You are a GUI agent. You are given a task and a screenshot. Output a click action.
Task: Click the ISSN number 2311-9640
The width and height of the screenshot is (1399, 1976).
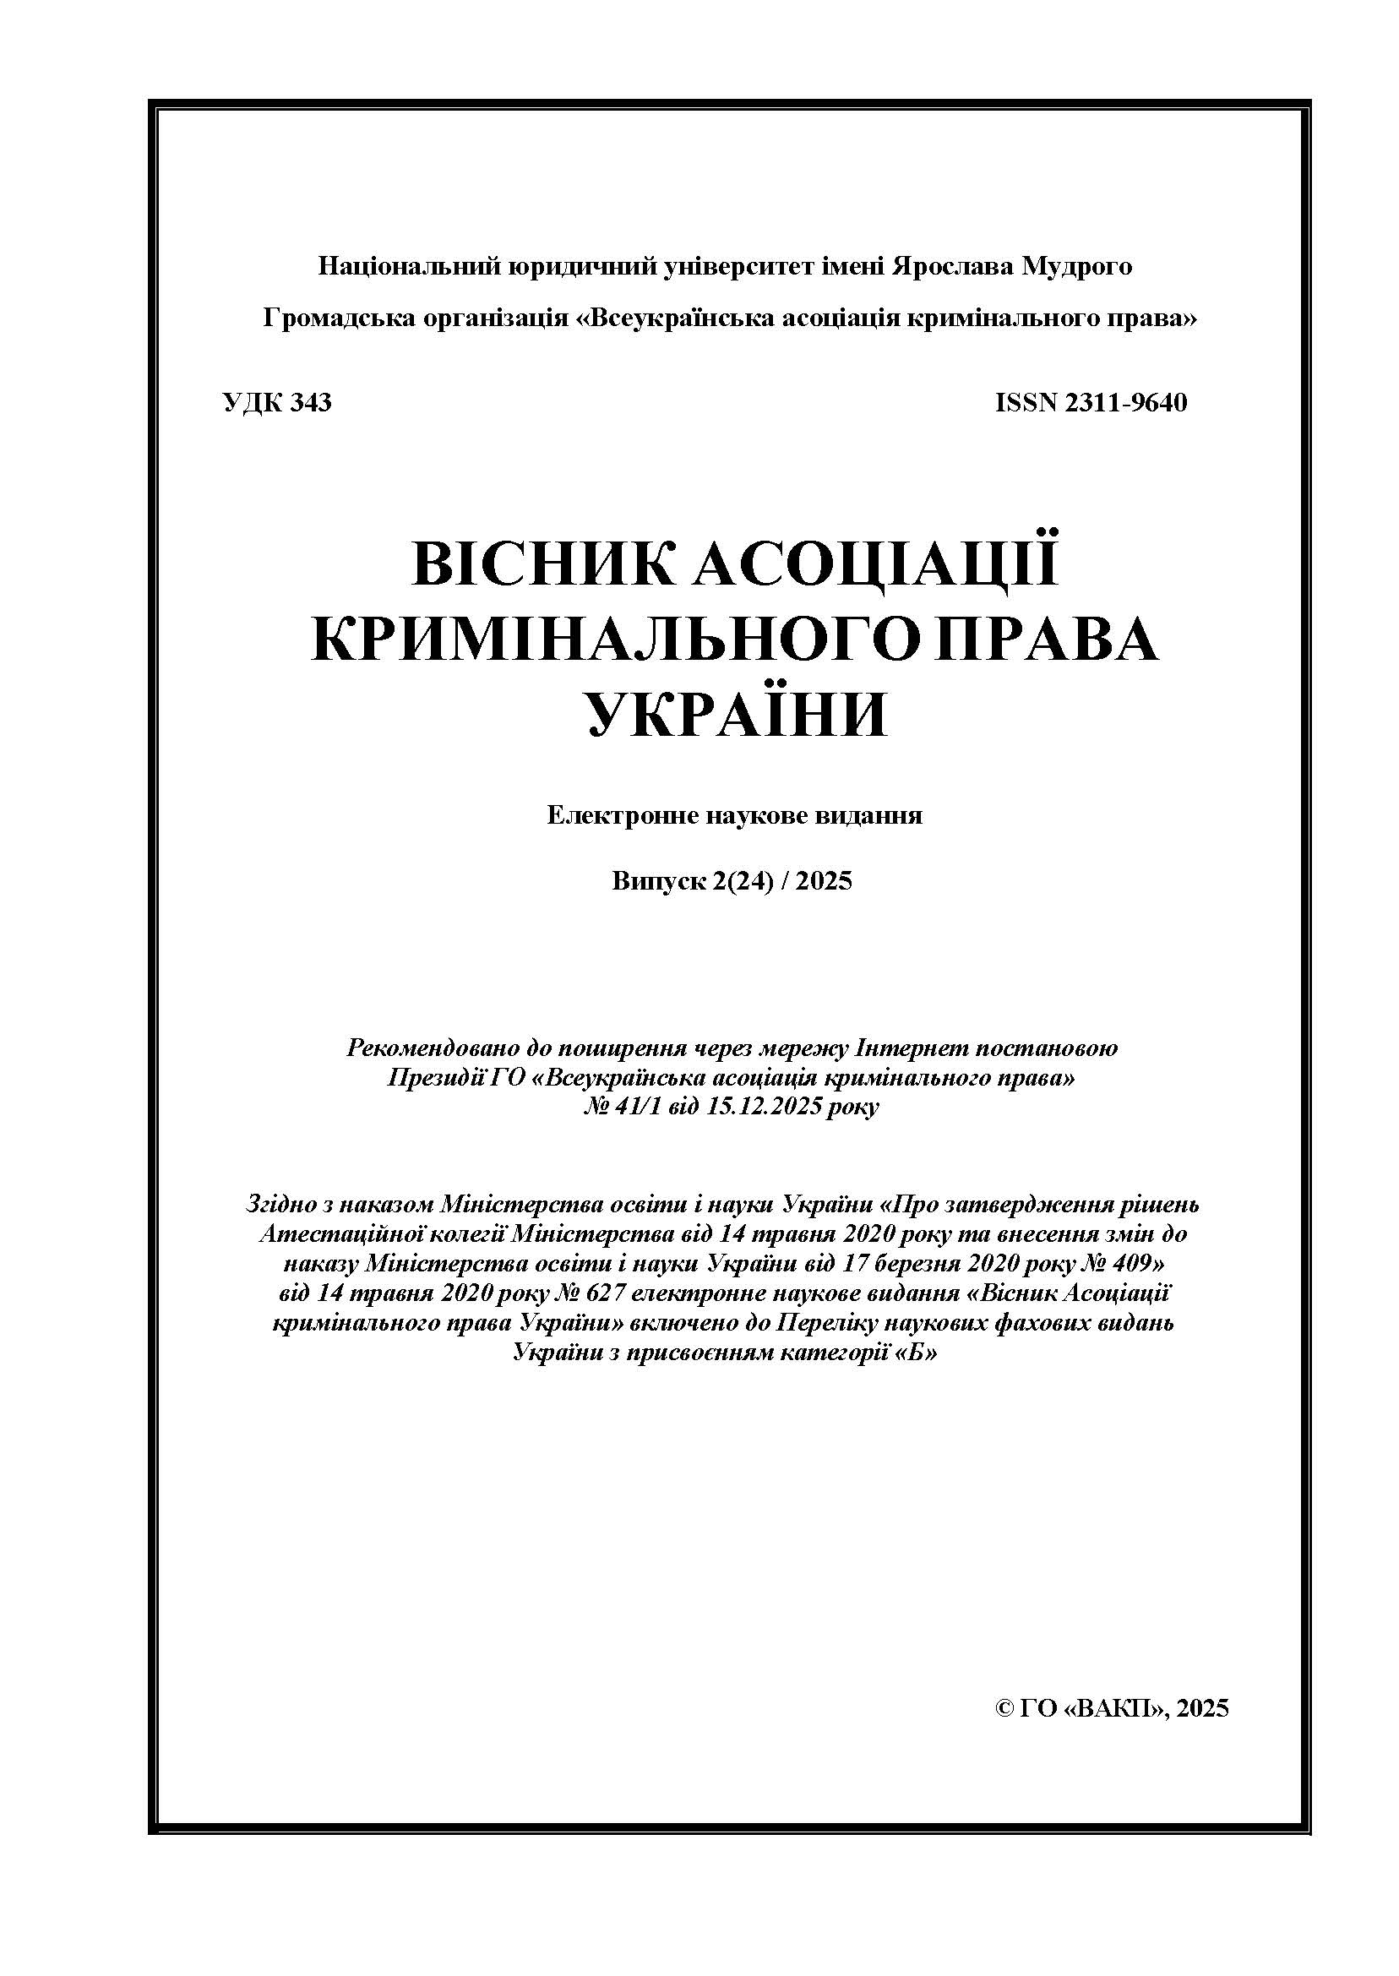[x=1126, y=402]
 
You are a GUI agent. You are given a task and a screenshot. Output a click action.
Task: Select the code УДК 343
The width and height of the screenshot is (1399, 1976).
[x=276, y=402]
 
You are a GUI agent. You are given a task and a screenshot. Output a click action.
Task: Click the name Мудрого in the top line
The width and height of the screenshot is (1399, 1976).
[x=1076, y=266]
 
